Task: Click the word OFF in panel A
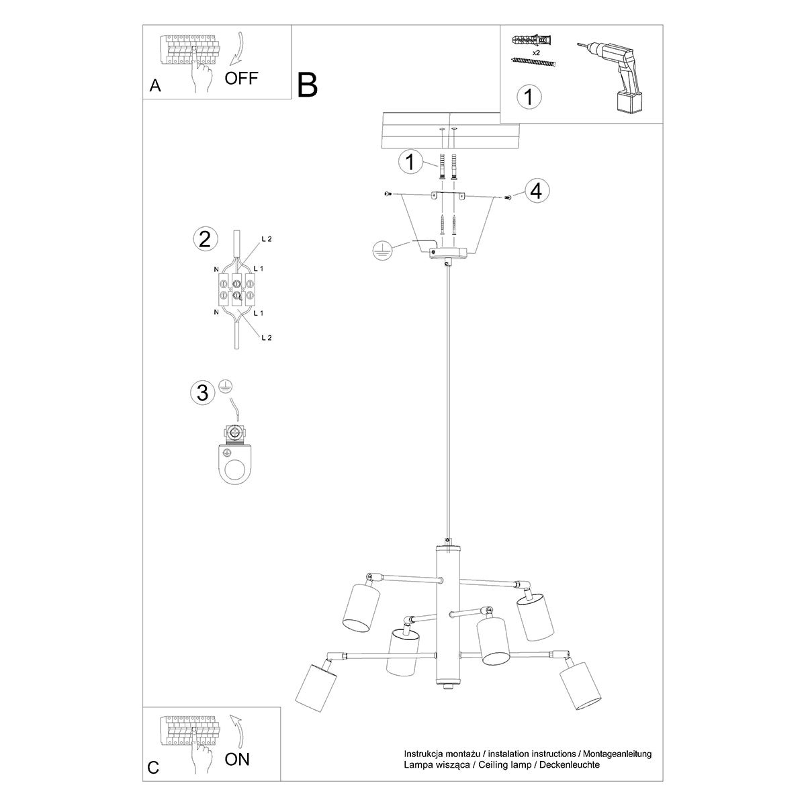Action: click(x=241, y=78)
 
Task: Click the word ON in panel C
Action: click(x=236, y=760)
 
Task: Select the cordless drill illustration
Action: click(x=613, y=75)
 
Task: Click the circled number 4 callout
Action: click(x=535, y=191)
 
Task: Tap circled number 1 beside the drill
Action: click(x=529, y=97)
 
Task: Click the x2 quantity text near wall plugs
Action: click(x=535, y=51)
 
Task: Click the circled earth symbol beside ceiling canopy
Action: click(x=382, y=251)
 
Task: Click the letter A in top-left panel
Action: click(x=156, y=85)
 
